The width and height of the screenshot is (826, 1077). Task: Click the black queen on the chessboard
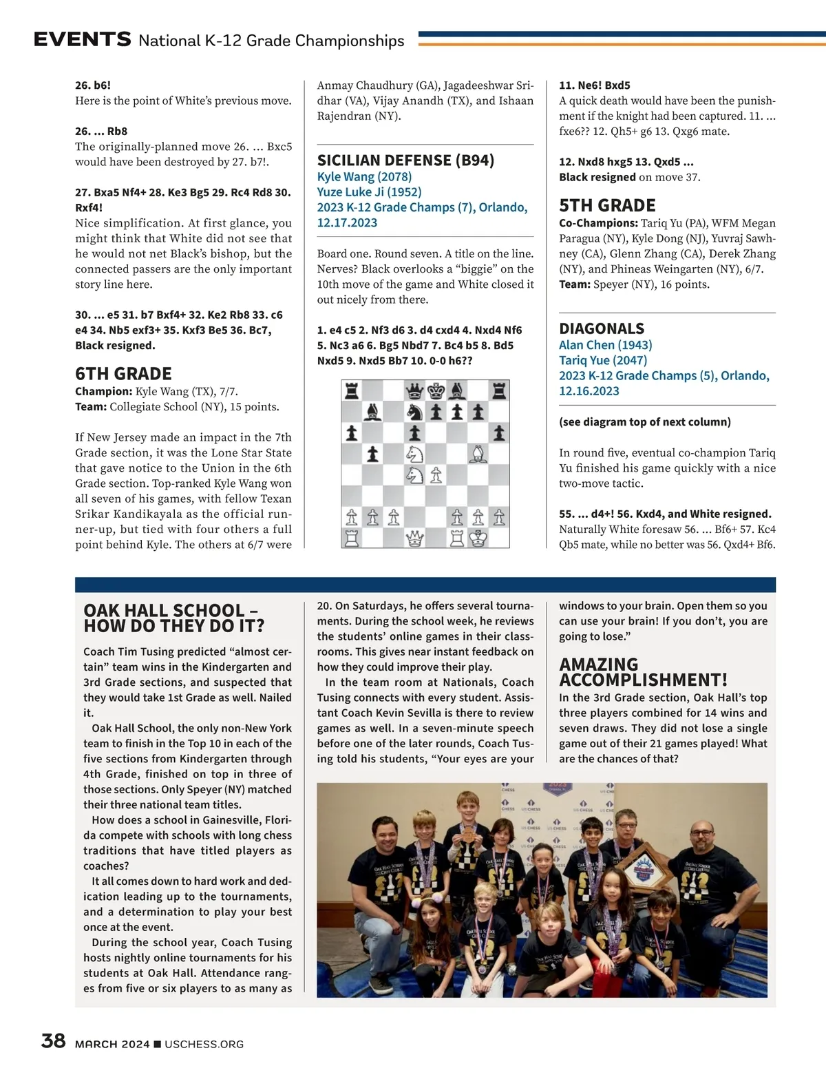(x=414, y=392)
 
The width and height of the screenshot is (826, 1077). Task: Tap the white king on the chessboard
(x=478, y=538)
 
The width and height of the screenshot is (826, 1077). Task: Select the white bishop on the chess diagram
(x=478, y=454)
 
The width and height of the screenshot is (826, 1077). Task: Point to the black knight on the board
(x=414, y=412)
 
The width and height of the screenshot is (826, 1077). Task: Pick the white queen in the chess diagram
(x=414, y=538)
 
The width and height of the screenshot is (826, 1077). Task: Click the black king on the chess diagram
(x=436, y=392)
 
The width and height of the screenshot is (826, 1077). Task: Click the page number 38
(x=54, y=1041)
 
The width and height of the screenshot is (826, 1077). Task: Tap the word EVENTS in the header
(x=83, y=39)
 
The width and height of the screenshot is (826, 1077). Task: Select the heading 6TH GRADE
(x=123, y=374)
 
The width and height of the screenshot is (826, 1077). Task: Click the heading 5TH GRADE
(x=607, y=206)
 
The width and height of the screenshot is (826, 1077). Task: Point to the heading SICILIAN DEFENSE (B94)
(x=405, y=160)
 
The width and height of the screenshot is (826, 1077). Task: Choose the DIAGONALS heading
(x=602, y=328)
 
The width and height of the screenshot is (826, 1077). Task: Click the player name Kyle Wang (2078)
(x=364, y=177)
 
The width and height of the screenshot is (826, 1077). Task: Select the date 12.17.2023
(x=347, y=222)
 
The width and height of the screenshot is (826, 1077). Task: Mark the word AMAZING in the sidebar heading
(x=599, y=665)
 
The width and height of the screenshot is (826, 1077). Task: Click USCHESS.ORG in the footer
(x=204, y=1044)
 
